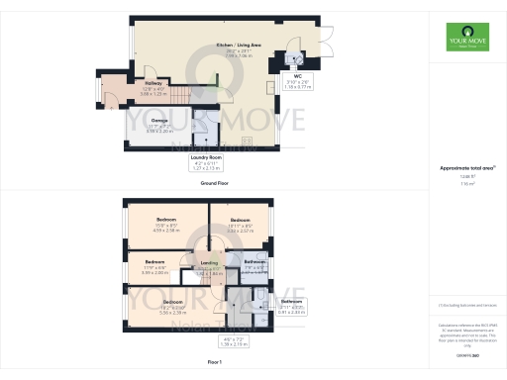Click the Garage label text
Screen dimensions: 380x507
coord(159,123)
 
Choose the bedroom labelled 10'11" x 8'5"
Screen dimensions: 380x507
coord(240,223)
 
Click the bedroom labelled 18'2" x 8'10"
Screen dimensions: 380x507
coord(172,304)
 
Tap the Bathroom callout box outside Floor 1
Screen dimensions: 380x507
coord(291,305)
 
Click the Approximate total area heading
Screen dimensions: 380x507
coord(466,169)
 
